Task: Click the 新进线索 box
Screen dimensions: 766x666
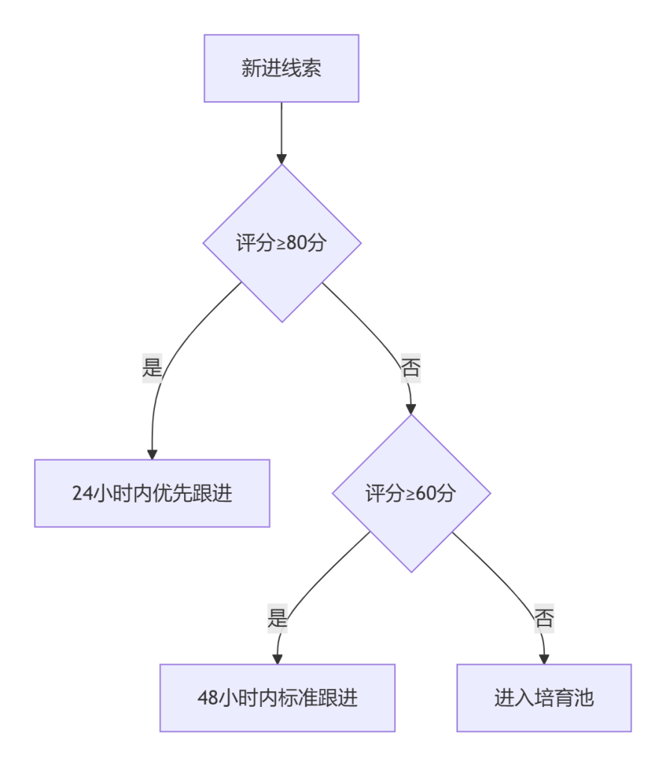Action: click(x=281, y=69)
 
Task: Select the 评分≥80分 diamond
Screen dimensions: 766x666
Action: click(x=281, y=244)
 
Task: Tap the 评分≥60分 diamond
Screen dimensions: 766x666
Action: click(x=411, y=494)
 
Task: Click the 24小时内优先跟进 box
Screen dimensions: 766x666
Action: click(x=152, y=494)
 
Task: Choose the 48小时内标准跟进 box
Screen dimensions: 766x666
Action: click(x=277, y=699)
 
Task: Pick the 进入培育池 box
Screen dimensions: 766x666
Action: click(x=544, y=699)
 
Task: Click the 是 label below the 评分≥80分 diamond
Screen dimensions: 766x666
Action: click(x=153, y=368)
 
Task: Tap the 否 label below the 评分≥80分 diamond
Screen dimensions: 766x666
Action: click(x=410, y=368)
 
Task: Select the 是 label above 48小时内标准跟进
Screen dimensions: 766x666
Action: click(x=278, y=619)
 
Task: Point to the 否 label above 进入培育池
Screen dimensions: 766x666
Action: click(x=544, y=619)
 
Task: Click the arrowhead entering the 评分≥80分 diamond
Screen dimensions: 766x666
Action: click(x=281, y=159)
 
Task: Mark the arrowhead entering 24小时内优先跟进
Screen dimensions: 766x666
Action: click(x=152, y=454)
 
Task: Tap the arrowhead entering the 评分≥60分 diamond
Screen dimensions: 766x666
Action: click(x=410, y=408)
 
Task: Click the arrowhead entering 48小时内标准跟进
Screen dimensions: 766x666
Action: click(x=277, y=659)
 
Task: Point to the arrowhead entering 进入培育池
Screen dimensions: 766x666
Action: click(x=544, y=659)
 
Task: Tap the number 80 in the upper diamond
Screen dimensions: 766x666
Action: click(x=296, y=244)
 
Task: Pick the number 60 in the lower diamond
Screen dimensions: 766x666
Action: click(x=426, y=494)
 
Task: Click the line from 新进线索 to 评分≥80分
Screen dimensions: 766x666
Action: click(x=281, y=127)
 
